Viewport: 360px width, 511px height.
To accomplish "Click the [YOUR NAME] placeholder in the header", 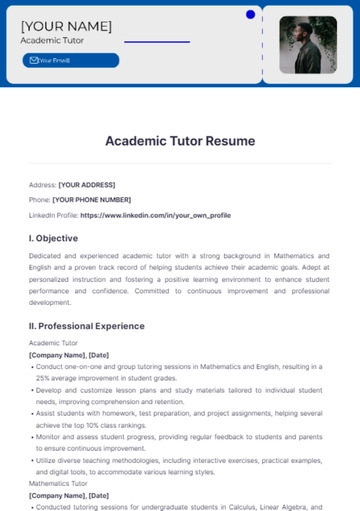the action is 66,26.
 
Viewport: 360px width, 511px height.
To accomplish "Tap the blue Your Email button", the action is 70,60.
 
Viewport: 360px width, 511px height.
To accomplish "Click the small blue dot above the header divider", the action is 249,14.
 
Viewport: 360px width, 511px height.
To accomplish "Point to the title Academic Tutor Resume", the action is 180,141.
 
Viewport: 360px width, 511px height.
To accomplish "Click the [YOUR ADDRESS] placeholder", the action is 87,185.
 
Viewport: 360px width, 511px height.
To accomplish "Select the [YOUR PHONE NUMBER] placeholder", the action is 92,200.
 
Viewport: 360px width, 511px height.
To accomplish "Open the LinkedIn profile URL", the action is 155,215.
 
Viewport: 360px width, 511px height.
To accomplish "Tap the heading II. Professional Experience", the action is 87,326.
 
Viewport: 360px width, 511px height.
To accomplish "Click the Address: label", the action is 42,185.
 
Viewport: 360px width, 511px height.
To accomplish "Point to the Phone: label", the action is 39,200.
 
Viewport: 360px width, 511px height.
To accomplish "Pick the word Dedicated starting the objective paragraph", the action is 47,256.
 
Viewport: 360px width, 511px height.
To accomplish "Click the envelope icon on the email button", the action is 33,60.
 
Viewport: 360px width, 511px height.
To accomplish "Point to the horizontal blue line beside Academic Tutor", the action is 157,42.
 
